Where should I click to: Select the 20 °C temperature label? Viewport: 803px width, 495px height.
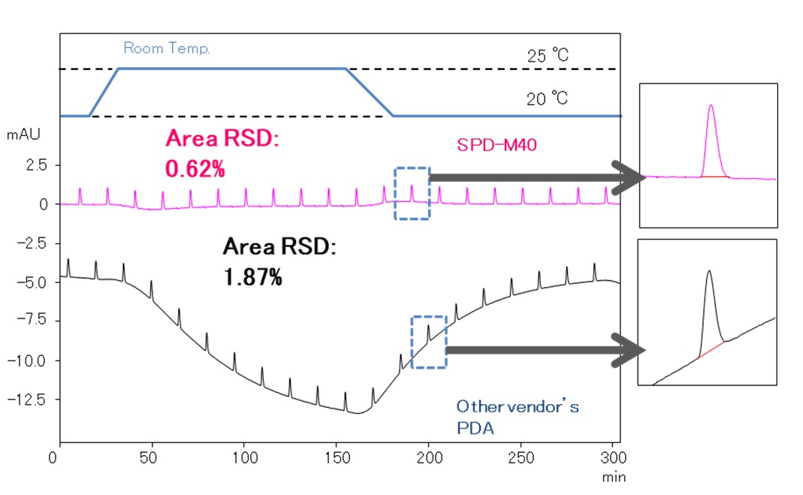[x=547, y=99]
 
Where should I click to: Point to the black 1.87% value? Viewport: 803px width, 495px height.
[x=253, y=277]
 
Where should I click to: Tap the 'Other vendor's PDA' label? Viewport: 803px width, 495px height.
[x=518, y=417]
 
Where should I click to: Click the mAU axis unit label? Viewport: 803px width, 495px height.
[x=23, y=136]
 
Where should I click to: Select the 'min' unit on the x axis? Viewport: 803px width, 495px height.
[x=614, y=476]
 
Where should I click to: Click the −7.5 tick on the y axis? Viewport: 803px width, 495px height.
[x=33, y=321]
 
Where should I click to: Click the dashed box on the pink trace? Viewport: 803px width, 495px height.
[x=412, y=193]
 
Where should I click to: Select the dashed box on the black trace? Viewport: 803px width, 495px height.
[x=429, y=342]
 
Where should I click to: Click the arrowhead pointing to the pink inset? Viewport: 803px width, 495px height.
[x=629, y=177]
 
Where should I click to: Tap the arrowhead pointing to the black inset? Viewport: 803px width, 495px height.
[x=629, y=350]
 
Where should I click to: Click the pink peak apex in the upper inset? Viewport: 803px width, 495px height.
[x=711, y=106]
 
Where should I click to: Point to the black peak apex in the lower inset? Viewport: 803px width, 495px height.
[x=708, y=271]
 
